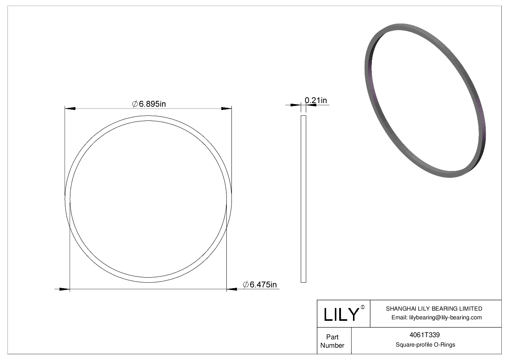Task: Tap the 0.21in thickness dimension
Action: click(x=316, y=100)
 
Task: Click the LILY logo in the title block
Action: click(x=341, y=314)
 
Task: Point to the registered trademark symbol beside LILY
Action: click(x=363, y=307)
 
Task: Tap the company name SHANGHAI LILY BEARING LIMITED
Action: click(x=434, y=308)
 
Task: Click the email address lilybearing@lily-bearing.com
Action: click(x=445, y=318)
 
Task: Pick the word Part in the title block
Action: click(x=332, y=337)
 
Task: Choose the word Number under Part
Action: click(x=332, y=345)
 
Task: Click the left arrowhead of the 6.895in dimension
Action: click(x=70, y=108)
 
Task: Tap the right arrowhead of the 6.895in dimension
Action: click(x=226, y=108)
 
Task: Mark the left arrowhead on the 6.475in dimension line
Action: click(x=64, y=289)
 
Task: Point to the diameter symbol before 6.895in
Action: click(x=135, y=104)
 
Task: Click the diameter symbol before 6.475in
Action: click(x=245, y=285)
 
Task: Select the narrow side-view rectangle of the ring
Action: click(x=303, y=199)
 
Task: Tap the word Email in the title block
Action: click(x=399, y=318)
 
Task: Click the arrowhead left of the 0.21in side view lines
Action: click(x=296, y=105)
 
